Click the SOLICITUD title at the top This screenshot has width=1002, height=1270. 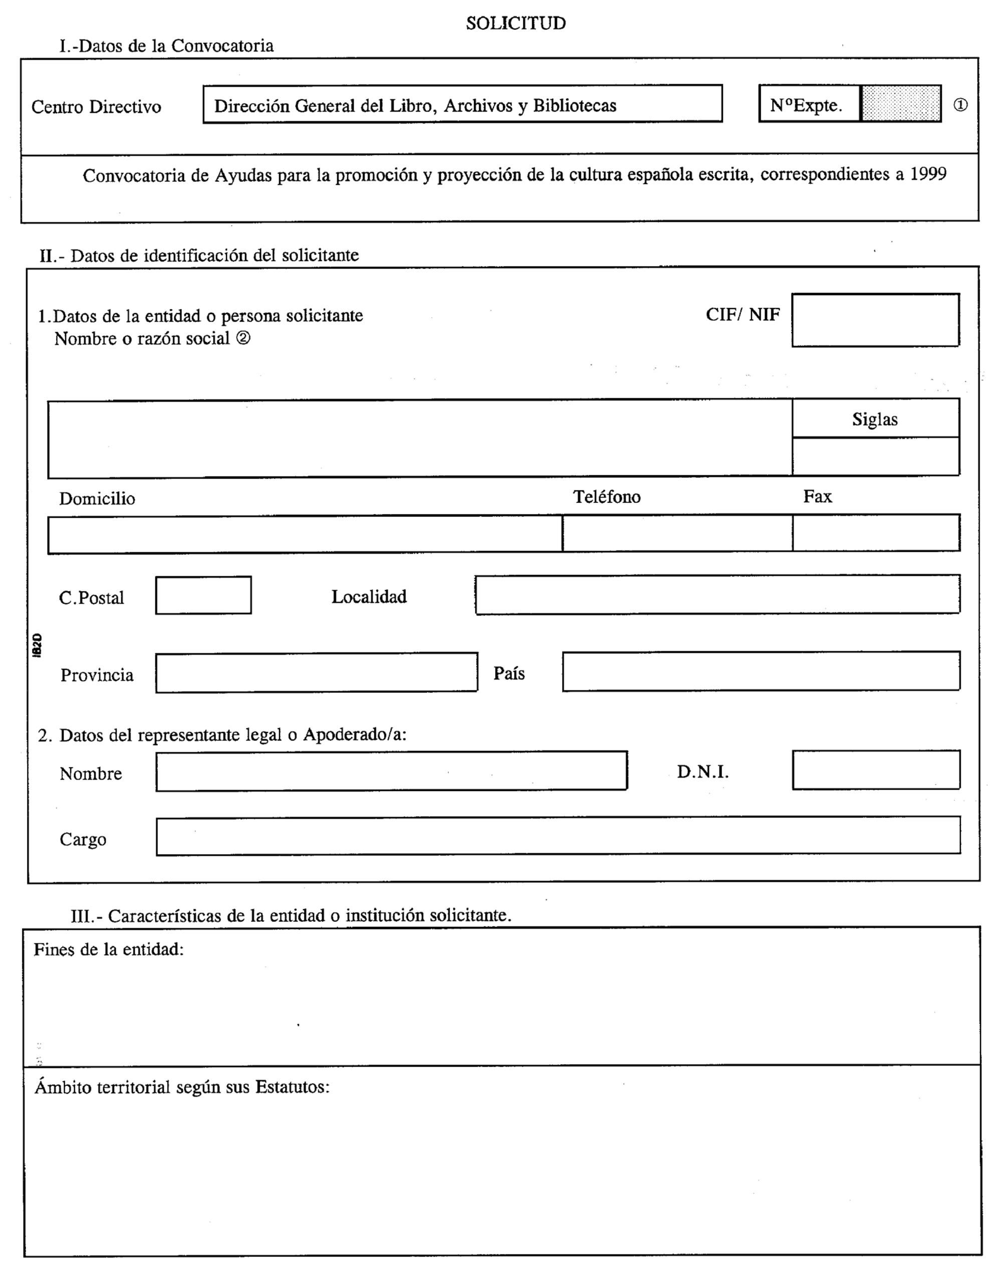point(516,23)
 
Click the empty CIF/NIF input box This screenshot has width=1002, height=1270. point(875,320)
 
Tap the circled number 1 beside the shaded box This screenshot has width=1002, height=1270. point(960,105)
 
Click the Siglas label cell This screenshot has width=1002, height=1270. point(875,419)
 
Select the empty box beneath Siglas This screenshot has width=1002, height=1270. point(875,456)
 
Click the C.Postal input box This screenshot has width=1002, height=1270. point(203,595)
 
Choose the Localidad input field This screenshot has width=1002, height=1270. point(717,595)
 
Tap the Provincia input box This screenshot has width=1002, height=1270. point(316,672)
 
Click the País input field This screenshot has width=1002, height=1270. point(761,671)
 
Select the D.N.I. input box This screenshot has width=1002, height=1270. point(875,770)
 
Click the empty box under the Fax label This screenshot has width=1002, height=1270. point(875,533)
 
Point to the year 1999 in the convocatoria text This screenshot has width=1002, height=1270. point(927,174)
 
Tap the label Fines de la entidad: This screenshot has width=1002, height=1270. point(109,949)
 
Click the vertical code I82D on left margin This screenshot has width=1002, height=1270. point(37,645)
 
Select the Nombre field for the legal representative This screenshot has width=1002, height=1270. point(391,771)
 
